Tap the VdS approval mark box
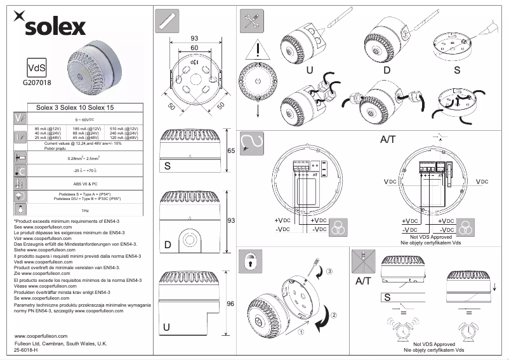pos(36,67)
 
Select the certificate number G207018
pos(36,82)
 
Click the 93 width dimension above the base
pos(194,38)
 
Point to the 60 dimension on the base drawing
pos(194,48)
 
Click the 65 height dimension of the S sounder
pos(232,151)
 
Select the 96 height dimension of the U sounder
pos(232,303)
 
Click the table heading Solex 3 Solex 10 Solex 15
pos(75,109)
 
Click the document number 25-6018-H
pos(26,350)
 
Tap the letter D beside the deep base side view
pos(168,245)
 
